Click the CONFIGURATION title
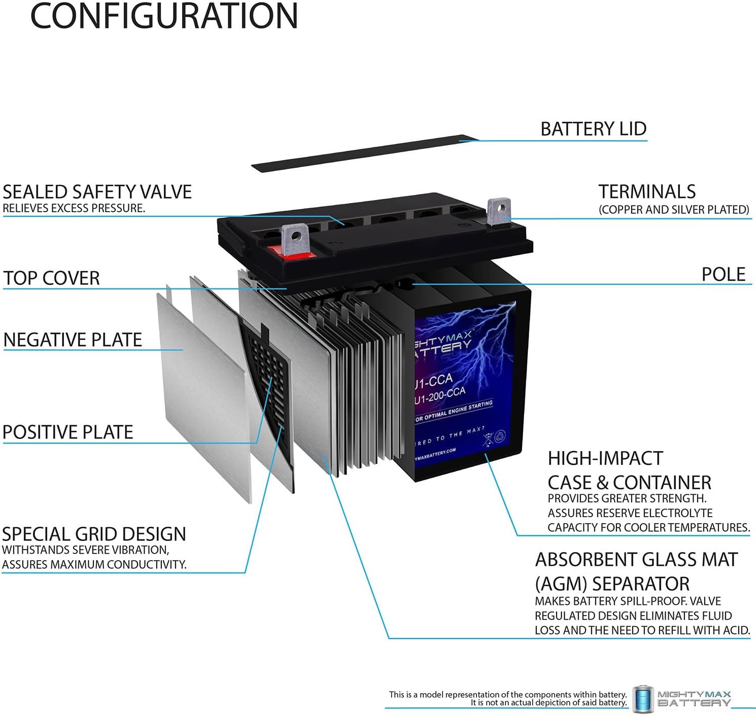164,16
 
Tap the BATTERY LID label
593,129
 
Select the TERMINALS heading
647,192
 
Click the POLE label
723,275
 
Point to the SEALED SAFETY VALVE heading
97,192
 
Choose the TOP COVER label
51,278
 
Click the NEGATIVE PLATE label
73,339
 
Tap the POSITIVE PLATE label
68,432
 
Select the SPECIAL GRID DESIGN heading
94,534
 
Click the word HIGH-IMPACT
605,458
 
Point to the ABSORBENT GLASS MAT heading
636,559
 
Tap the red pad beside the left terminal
277,251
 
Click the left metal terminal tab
295,240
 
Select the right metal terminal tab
499,211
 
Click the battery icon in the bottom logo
642,698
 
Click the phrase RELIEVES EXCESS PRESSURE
74,208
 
